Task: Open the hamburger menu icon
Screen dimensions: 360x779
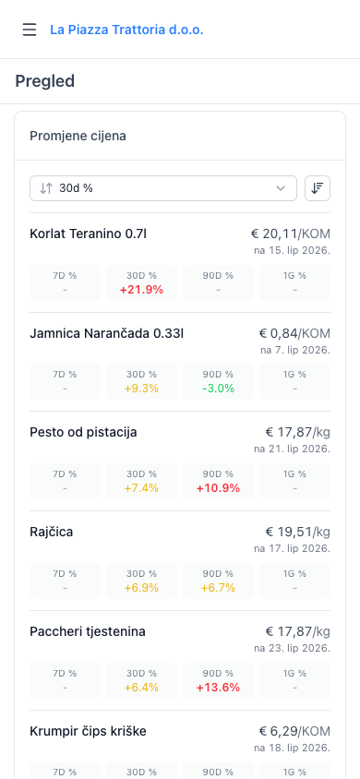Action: coord(30,30)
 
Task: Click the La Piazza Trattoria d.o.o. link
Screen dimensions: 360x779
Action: coord(126,30)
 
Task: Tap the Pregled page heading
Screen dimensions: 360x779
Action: coord(44,81)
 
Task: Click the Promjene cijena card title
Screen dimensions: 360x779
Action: coord(78,136)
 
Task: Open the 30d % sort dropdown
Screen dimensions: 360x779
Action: coord(163,188)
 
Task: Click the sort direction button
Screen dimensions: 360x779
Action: coord(318,188)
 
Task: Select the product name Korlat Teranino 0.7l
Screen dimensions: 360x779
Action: coord(88,234)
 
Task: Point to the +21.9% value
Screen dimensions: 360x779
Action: coord(141,290)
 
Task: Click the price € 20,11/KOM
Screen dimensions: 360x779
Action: coord(290,234)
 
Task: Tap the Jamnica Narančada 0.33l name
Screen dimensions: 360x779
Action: coord(107,333)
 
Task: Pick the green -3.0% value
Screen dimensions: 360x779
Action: coord(218,389)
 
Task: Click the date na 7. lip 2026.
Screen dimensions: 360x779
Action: coord(295,350)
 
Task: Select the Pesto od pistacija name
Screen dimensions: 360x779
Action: coord(83,433)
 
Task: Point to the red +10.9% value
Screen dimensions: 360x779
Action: coord(218,488)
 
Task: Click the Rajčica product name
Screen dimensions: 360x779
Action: coord(51,532)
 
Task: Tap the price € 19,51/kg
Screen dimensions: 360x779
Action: coord(297,532)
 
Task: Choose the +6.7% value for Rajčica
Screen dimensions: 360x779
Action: coord(218,588)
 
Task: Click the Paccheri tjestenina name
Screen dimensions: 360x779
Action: coord(88,631)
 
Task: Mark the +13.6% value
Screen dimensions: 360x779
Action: coord(218,688)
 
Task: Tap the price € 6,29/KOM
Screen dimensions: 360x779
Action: coord(294,731)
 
